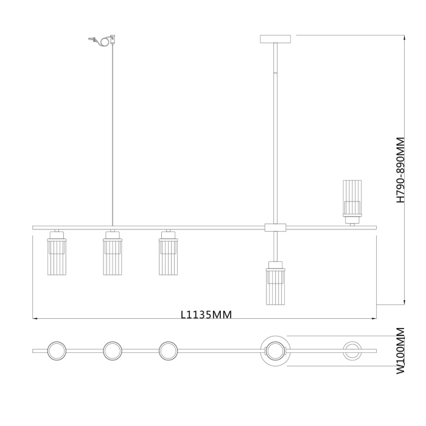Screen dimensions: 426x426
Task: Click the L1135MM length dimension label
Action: coord(206,315)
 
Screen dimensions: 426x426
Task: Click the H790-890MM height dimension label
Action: coord(400,169)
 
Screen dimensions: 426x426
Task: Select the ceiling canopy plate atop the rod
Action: coord(276,39)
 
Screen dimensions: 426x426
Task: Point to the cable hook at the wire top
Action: coord(102,41)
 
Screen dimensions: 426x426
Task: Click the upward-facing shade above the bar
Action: coord(351,200)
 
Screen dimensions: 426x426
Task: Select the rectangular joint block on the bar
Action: coord(275,228)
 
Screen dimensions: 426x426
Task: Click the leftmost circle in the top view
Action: coord(57,351)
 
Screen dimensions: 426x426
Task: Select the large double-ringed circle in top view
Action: coord(275,351)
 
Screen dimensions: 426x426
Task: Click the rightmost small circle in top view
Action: coord(351,351)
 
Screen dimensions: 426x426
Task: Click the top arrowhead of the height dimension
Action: coord(404,38)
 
